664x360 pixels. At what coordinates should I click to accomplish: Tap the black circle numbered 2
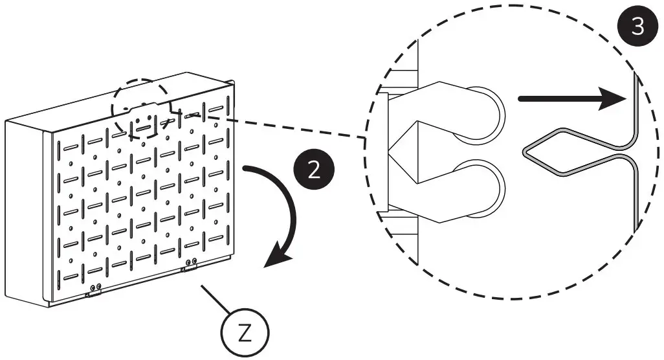pos(313,170)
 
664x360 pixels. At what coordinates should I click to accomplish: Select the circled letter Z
pos(244,332)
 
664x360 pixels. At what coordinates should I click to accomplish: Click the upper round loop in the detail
pos(481,114)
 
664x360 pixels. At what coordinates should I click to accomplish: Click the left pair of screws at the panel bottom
pos(95,287)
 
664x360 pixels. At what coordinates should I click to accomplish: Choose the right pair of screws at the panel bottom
pos(191,263)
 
